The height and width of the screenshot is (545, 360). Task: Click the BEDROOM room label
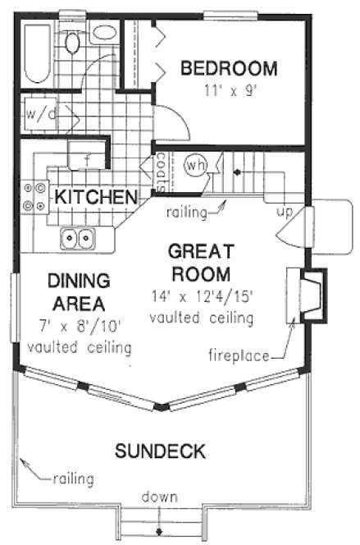(229, 67)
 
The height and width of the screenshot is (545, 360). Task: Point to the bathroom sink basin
(103, 34)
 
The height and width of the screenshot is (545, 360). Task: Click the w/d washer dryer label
(40, 113)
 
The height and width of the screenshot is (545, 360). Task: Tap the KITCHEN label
(95, 197)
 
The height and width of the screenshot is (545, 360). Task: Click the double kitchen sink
(79, 239)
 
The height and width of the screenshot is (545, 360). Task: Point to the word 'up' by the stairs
(285, 211)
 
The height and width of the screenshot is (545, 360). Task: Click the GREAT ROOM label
(201, 261)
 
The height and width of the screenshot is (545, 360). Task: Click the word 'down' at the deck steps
(156, 497)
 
